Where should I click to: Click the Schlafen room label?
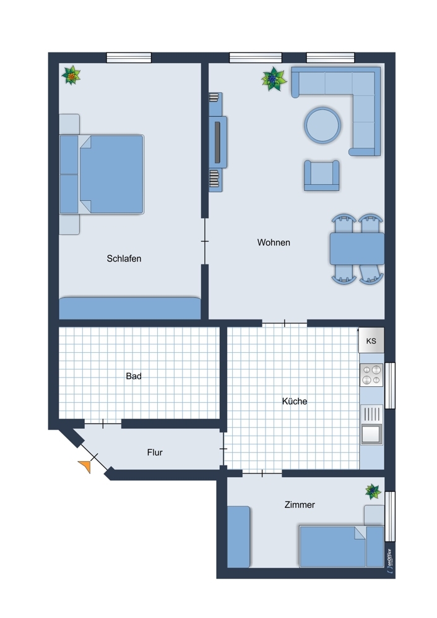124,258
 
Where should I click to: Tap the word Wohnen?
274,242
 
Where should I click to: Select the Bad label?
134,376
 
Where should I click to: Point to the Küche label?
295,401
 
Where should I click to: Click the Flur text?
155,452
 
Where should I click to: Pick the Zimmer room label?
300,504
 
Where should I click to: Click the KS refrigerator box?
371,340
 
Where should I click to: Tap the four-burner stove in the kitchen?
371,375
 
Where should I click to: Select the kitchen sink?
371,425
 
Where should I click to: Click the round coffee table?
322,125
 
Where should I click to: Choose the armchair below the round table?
321,176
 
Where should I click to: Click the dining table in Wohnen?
357,248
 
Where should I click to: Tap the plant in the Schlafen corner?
71,75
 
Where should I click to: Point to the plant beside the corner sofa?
273,79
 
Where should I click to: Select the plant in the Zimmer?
373,491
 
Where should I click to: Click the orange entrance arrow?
85,466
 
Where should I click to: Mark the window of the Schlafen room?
129,57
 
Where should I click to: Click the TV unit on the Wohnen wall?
217,142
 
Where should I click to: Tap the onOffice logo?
389,560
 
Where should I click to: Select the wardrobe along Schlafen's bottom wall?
130,308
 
